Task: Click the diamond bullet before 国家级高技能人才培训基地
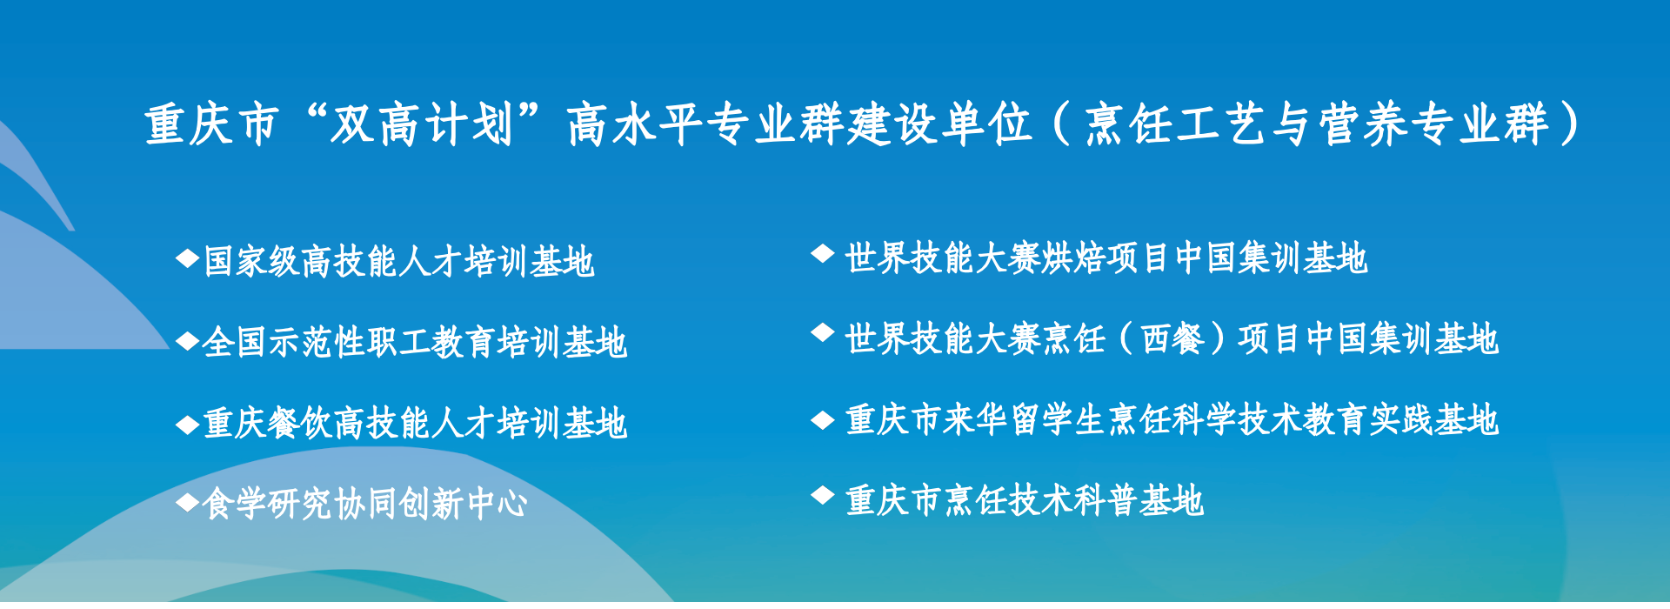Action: pos(188,258)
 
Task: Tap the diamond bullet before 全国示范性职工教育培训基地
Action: pos(188,340)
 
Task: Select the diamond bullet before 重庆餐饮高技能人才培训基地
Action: pos(188,425)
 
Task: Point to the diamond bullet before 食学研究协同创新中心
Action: pos(188,501)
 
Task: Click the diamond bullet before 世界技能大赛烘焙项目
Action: pos(823,253)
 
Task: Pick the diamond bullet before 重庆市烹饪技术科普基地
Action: pos(823,495)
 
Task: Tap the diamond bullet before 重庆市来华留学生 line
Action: pos(823,420)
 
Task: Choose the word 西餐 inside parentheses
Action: pos(1173,339)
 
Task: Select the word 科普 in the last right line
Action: pos(1106,501)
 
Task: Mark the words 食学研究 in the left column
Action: pos(268,504)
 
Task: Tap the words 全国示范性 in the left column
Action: pos(284,343)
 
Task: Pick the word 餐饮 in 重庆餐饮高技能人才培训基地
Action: pos(301,424)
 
